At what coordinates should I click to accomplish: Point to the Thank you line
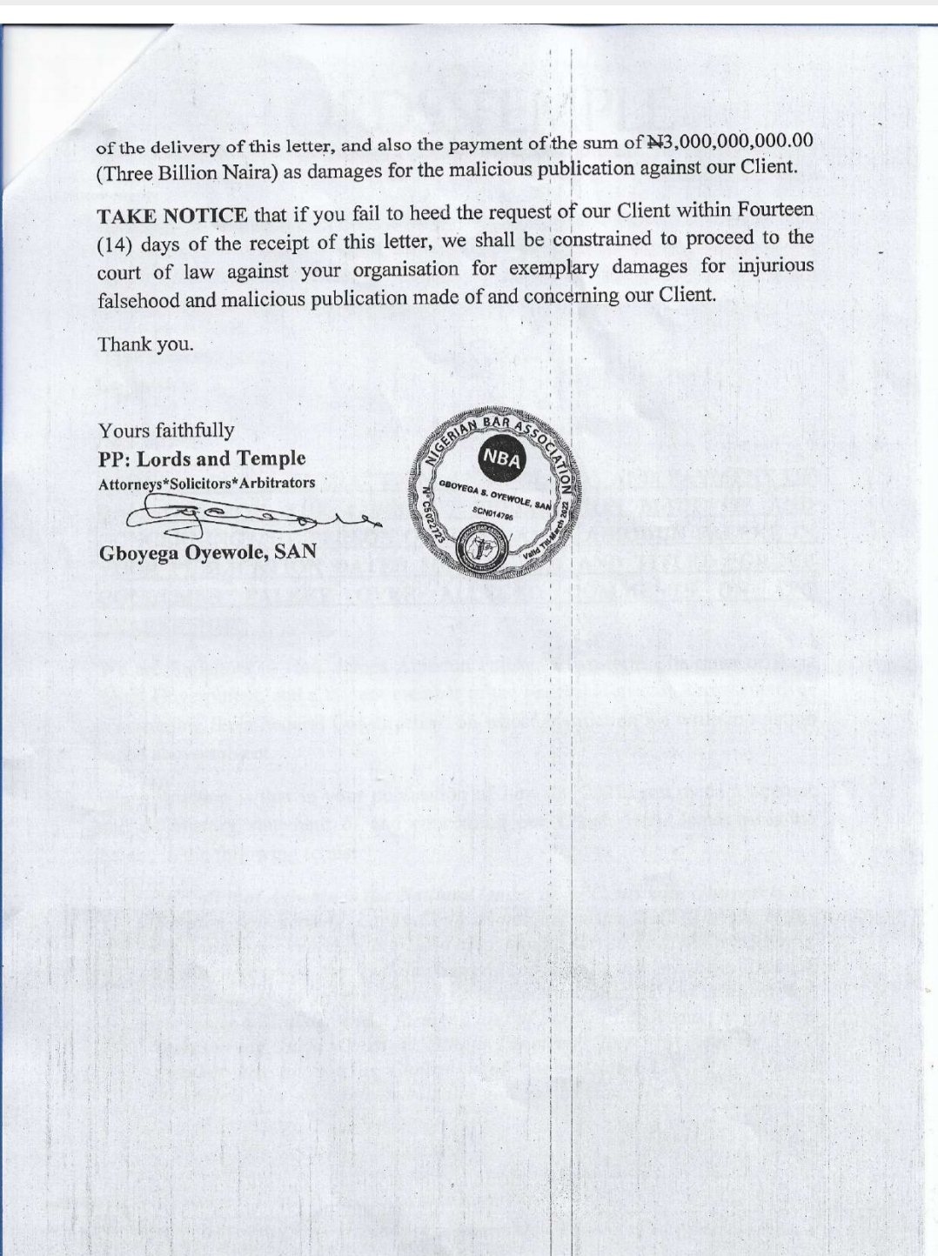click(x=145, y=344)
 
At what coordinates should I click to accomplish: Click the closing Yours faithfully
click(x=166, y=431)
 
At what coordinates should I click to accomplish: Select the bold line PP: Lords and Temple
click(x=202, y=458)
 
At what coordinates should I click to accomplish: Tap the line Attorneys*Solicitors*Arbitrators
click(x=207, y=483)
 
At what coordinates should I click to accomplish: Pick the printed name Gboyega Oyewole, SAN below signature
click(x=207, y=551)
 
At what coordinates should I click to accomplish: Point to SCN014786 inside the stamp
click(x=493, y=512)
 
